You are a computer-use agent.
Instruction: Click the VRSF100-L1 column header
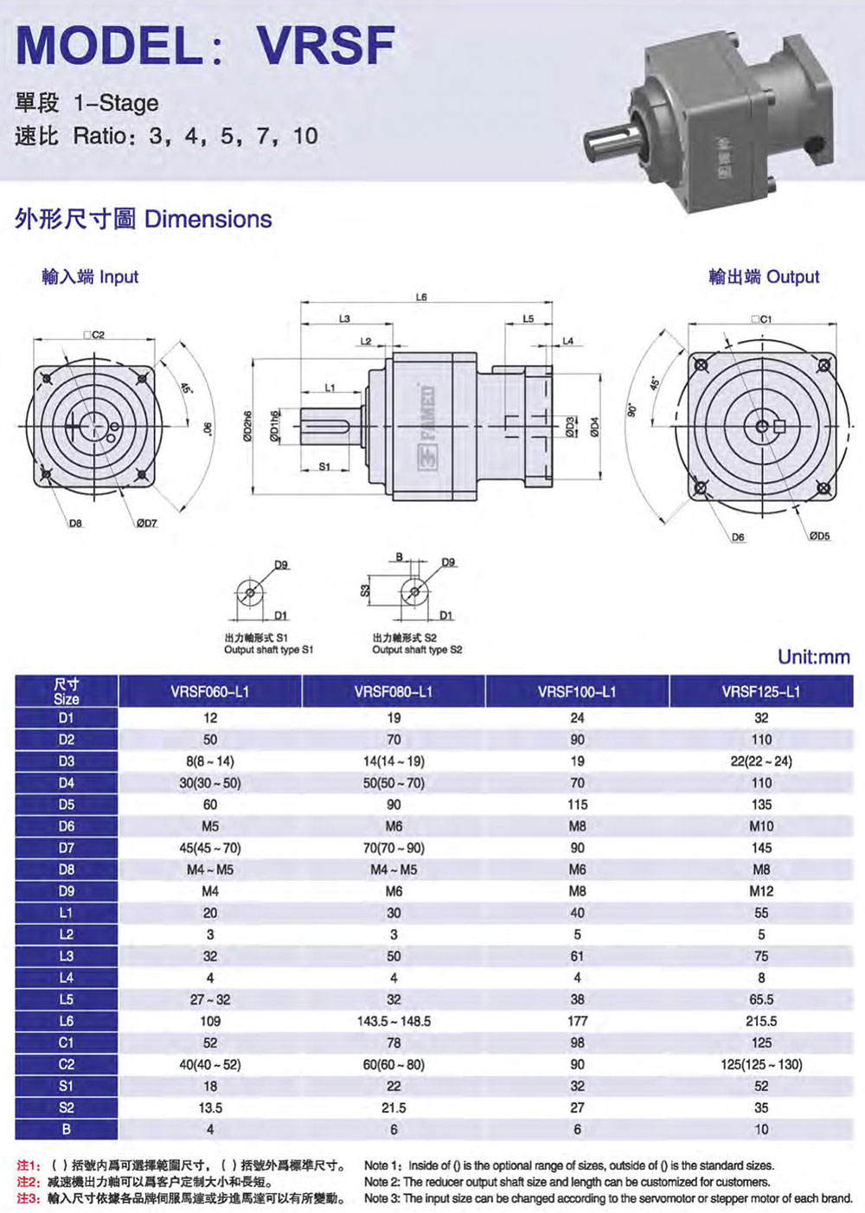[577, 691]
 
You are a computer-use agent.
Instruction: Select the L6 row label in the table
[66, 1021]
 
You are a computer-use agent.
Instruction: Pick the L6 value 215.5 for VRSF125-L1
[761, 1021]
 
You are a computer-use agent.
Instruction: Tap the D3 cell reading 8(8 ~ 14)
[210, 761]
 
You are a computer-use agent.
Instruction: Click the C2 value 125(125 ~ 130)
[761, 1064]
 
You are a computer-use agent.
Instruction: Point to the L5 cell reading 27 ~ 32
[210, 999]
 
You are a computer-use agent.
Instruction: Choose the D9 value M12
[761, 891]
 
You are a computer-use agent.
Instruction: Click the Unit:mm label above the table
[814, 657]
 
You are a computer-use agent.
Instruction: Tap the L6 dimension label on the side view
[421, 298]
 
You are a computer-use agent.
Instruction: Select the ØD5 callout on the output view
[819, 536]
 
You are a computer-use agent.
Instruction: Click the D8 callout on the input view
[75, 523]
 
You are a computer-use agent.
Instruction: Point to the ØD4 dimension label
[595, 427]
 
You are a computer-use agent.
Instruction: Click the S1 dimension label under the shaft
[324, 466]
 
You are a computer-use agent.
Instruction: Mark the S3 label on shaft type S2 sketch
[365, 590]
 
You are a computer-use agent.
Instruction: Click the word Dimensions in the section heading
[208, 219]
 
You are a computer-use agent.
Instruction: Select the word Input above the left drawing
[119, 277]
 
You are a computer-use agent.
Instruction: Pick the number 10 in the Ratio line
[306, 135]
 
